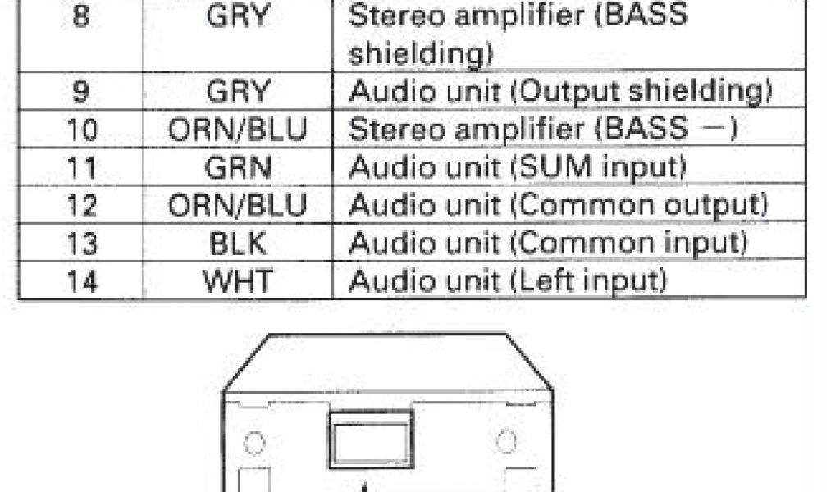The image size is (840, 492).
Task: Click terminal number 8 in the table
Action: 80,16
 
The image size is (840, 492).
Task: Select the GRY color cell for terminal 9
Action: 238,92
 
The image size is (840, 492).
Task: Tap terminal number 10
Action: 80,130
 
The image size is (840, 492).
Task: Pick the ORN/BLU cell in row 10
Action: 238,130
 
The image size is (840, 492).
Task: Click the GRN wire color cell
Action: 238,167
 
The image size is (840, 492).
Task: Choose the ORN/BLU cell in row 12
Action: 238,205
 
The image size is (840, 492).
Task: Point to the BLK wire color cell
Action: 238,243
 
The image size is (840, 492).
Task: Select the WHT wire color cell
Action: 238,280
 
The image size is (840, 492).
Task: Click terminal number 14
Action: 80,281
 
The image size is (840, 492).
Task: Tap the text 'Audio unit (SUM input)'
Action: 517,167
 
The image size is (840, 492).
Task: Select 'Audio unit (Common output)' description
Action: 558,205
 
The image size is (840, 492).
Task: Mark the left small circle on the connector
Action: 255,444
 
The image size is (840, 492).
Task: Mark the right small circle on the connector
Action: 507,443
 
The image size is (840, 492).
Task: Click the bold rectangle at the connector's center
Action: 371,440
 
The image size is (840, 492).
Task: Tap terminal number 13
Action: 80,244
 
